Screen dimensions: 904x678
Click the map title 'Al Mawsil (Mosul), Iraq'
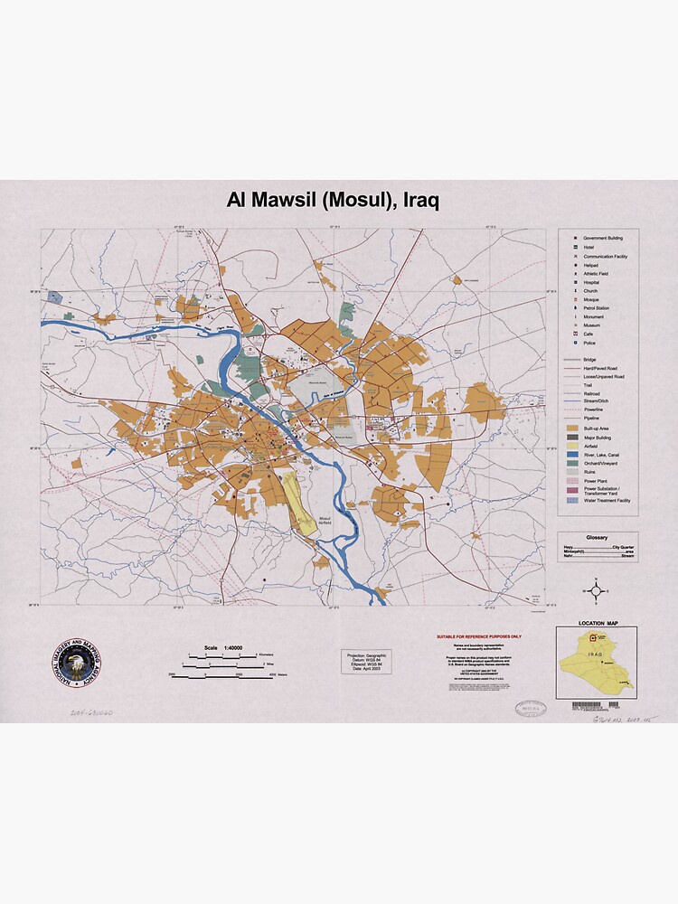pyautogui.click(x=333, y=201)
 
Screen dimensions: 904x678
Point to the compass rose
pyautogui.click(x=596, y=592)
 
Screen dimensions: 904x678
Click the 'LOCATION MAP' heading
pyautogui.click(x=597, y=623)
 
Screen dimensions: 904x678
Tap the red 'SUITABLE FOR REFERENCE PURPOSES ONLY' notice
pyautogui.click(x=478, y=636)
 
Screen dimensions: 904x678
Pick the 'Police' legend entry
pyautogui.click(x=589, y=343)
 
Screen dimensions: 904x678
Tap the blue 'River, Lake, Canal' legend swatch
pyautogui.click(x=571, y=455)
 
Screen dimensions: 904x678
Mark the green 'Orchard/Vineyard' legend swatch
pyautogui.click(x=571, y=464)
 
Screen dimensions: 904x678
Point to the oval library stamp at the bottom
pyautogui.click(x=531, y=708)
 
